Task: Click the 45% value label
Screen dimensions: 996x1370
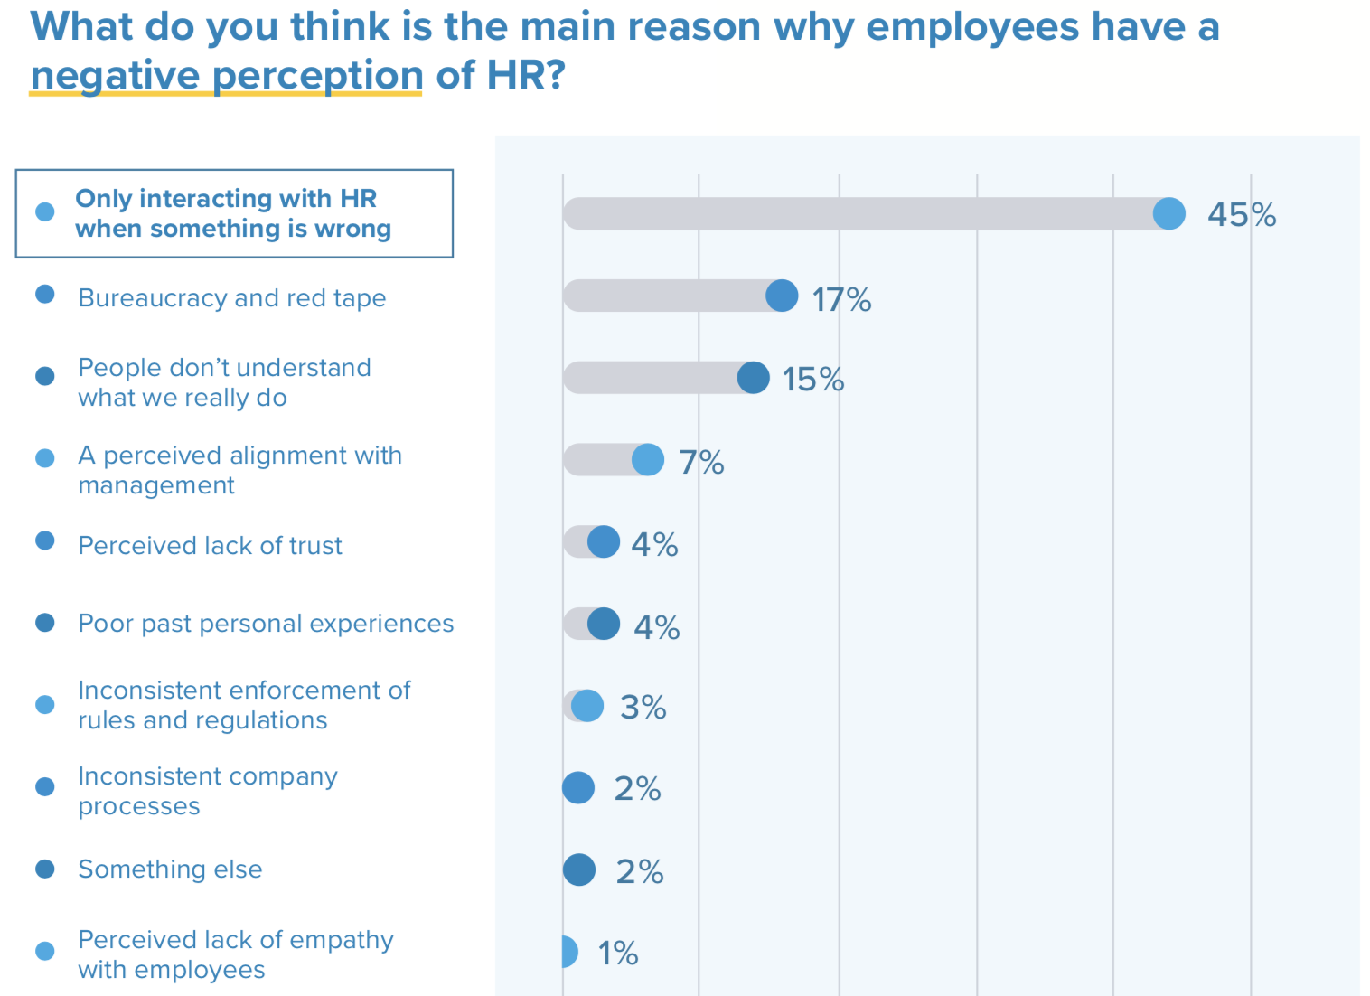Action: pos(1241,215)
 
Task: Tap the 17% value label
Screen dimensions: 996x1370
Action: pos(840,299)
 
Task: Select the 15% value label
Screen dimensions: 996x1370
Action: pos(812,380)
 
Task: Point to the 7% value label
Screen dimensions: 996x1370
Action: pos(701,463)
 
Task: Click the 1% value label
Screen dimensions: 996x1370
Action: pos(617,954)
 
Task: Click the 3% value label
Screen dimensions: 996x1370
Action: pos(643,708)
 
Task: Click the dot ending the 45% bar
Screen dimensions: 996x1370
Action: pos(1168,214)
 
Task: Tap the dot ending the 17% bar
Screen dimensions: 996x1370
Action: pos(782,296)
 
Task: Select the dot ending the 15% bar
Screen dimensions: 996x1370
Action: pos(753,378)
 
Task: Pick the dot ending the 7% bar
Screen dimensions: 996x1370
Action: pos(647,460)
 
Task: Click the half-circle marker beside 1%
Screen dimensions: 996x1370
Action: pos(568,952)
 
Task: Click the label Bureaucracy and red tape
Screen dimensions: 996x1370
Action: pos(231,298)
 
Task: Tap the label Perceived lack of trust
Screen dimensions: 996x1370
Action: pos(210,546)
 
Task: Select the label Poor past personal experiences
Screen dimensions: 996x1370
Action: pos(266,624)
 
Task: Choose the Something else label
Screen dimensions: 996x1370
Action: pos(170,869)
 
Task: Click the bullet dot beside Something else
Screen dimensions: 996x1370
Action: pos(45,869)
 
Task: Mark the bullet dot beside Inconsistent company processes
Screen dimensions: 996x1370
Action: pos(45,786)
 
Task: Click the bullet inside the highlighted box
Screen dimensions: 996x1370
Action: pos(45,212)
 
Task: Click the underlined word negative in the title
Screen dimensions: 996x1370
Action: pos(114,75)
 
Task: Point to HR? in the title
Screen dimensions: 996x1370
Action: pos(525,75)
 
